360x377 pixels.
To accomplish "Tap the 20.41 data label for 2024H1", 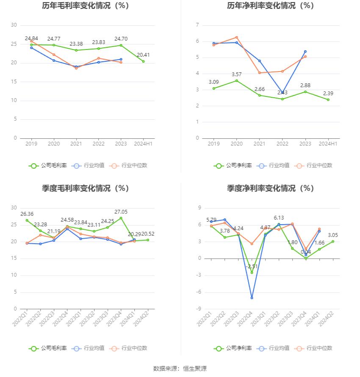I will pos(143,55).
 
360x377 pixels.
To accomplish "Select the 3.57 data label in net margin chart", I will pos(236,74).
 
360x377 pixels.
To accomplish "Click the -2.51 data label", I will pos(252,267).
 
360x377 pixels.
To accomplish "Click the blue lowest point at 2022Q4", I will pos(252,298).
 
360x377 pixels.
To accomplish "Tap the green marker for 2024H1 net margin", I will pos(328,99).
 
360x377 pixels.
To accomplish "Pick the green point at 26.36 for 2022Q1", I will pos(27,220).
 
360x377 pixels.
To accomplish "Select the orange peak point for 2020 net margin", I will pos(236,37).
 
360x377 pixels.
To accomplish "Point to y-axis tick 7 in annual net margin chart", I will pos(197,25).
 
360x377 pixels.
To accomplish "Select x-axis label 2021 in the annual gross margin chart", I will pos(76,144).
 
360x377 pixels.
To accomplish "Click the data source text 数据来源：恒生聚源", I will pos(180,369).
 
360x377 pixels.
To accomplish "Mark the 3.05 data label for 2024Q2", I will pos(333,235).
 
